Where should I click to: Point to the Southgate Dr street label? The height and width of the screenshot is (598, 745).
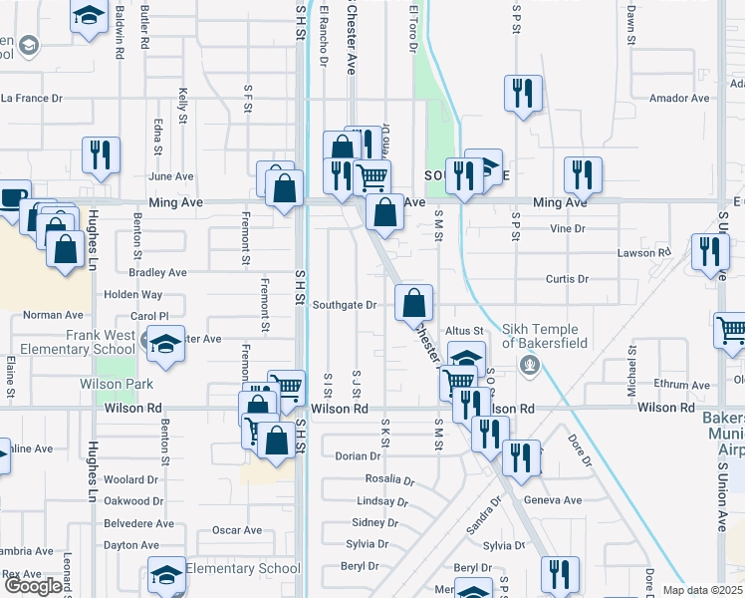pos(344,305)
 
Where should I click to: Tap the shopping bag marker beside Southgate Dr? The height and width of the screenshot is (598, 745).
pos(413,301)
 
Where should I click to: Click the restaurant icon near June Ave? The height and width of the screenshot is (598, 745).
pos(101,153)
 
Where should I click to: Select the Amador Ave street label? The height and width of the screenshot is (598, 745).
pos(678,99)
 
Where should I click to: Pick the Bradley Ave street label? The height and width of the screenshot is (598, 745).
pos(157,272)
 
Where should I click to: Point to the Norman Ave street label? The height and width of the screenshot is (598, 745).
pos(54,315)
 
